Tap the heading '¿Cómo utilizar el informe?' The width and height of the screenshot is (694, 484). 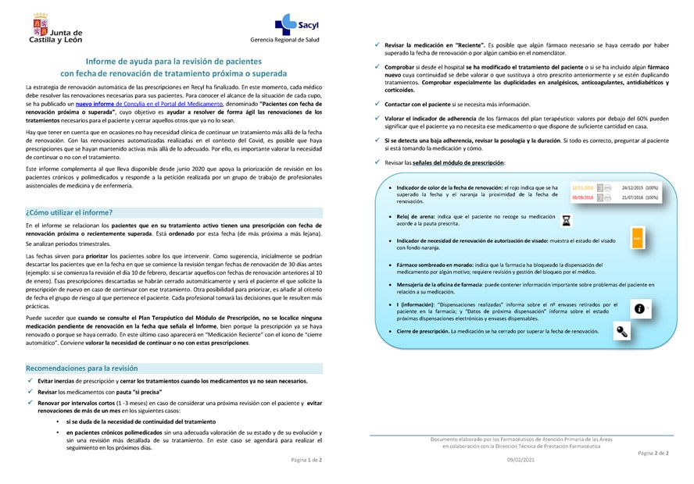tap(69, 212)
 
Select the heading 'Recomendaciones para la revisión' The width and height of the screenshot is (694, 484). tap(82, 367)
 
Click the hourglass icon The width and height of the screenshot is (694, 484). tap(566, 221)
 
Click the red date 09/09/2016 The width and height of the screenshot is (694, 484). tap(581, 198)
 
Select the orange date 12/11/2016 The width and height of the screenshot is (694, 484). tap(581, 188)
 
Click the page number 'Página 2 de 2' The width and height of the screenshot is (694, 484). tap(653, 453)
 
